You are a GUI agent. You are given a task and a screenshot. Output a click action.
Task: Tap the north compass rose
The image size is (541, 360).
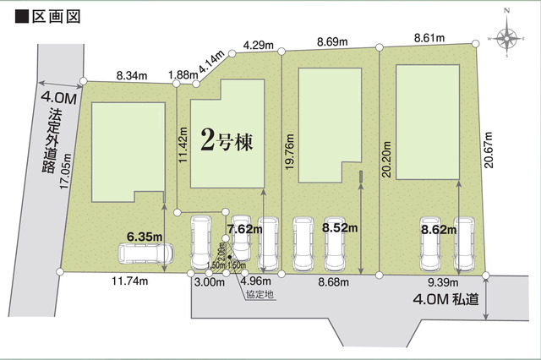[507, 37]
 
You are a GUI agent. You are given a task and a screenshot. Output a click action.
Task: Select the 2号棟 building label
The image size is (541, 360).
[227, 141]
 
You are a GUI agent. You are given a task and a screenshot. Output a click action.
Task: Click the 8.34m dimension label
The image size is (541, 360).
[132, 74]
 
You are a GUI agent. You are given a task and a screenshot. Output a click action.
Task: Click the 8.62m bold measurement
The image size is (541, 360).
[438, 227]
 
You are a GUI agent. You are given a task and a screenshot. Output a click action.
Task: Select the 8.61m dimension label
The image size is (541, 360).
[430, 38]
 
